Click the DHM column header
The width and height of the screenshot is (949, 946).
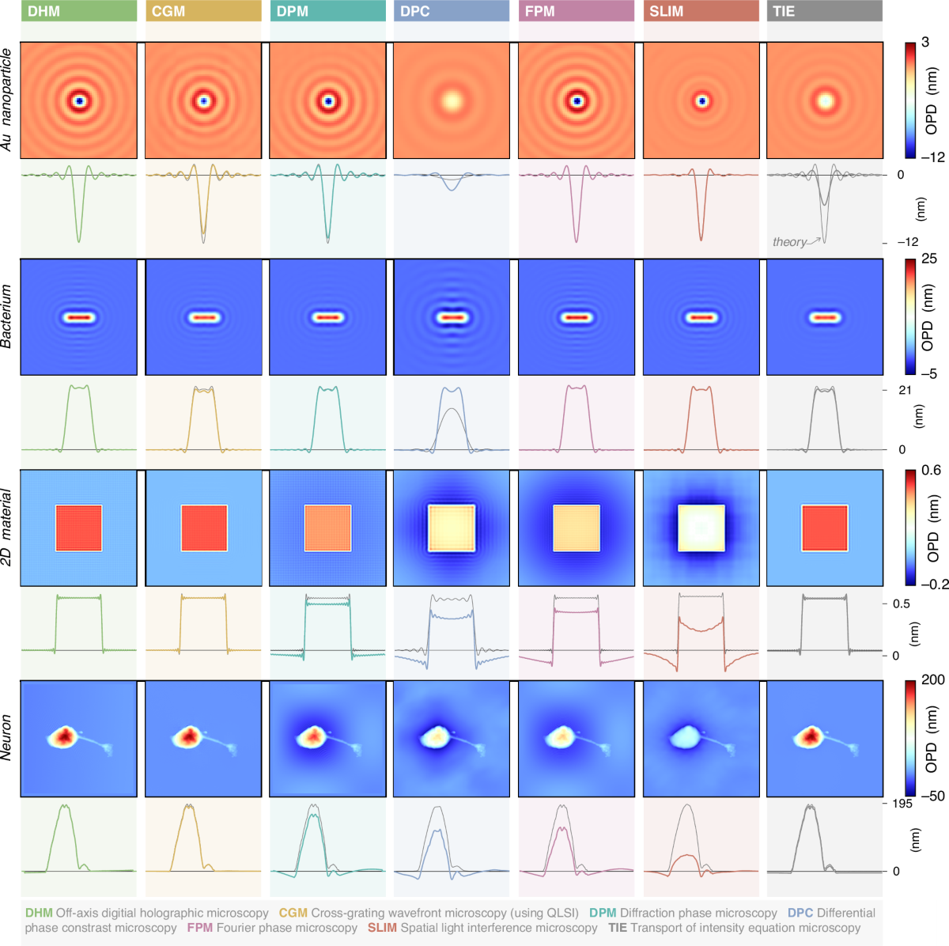click(78, 11)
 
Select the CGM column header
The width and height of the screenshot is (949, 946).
click(203, 11)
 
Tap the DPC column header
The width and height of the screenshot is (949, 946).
click(452, 11)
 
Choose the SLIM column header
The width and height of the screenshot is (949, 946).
click(701, 11)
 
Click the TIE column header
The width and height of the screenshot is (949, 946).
click(825, 11)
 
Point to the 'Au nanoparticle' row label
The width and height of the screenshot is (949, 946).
click(7, 100)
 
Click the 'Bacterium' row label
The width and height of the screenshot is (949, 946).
click(7, 317)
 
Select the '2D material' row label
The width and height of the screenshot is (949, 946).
click(7, 528)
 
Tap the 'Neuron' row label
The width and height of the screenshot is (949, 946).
click(7, 738)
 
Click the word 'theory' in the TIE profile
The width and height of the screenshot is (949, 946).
click(789, 242)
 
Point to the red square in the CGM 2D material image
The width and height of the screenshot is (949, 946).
click(204, 528)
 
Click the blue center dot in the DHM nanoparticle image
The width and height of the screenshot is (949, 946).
click(79, 101)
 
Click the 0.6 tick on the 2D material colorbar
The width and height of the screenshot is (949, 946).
click(932, 471)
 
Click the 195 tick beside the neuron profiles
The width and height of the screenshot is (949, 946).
click(902, 804)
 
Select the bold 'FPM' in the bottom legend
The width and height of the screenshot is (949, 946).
click(199, 928)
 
